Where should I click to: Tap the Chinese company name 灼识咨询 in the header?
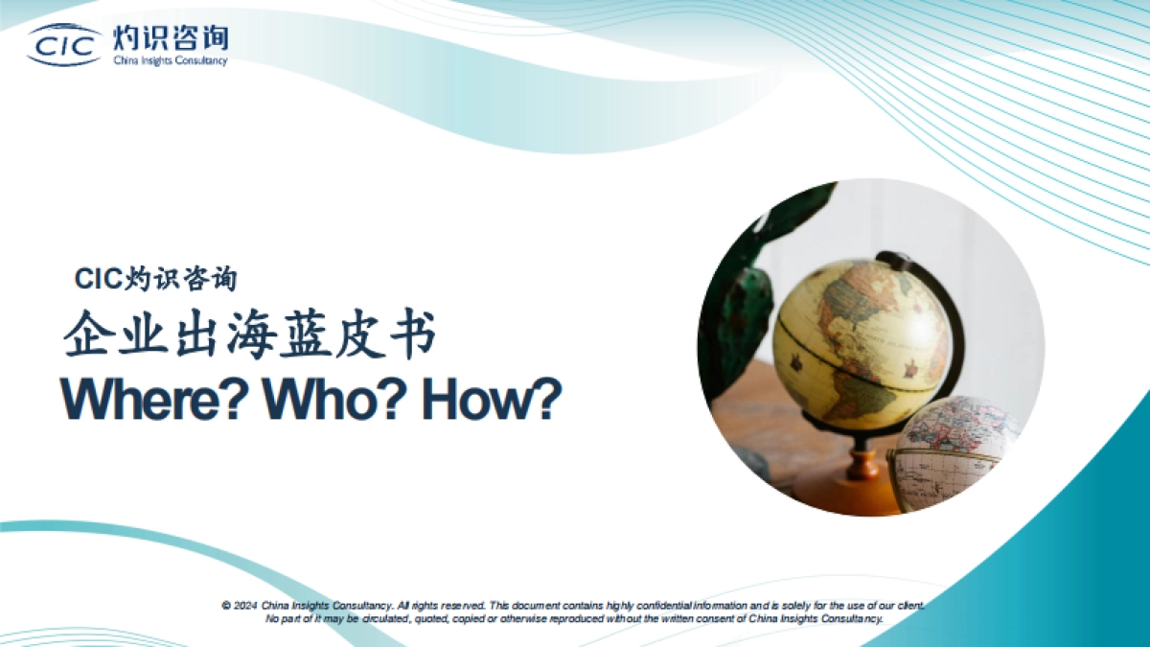[x=171, y=37]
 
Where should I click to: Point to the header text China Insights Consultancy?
[x=171, y=61]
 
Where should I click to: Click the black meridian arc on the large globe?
[x=944, y=316]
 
